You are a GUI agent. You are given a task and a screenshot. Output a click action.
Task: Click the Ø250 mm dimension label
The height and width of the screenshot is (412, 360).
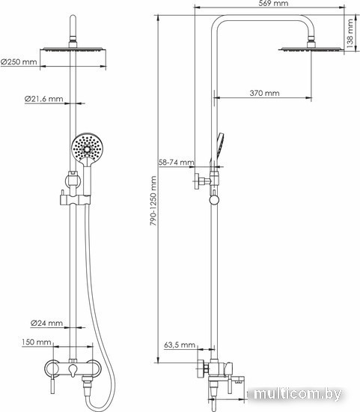[19, 62]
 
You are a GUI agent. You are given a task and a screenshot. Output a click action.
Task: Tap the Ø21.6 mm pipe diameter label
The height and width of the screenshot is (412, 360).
[43, 99]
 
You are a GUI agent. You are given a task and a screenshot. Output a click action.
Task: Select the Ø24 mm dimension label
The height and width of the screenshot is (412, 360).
[46, 323]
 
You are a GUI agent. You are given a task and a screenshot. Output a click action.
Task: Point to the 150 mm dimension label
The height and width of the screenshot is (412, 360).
[36, 342]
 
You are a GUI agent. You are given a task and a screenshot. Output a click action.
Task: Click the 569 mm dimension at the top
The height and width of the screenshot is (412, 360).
[273, 4]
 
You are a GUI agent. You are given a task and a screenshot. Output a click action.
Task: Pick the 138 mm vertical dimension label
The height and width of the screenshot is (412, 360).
[350, 34]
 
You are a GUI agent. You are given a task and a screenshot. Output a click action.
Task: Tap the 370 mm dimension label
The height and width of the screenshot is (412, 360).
[264, 93]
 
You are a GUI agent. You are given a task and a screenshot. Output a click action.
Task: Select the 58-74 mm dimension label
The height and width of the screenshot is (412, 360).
[177, 162]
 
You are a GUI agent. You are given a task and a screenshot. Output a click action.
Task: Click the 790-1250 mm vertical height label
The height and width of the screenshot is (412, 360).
[153, 201]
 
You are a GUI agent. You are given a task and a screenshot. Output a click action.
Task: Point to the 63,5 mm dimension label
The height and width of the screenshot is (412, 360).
[180, 345]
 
